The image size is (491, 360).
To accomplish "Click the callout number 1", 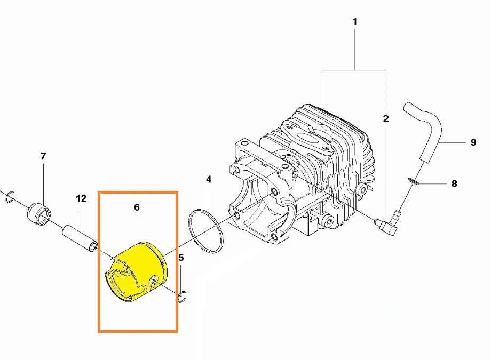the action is point(355,21).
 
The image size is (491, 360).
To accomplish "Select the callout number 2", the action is point(386,118).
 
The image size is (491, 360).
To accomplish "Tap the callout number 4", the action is point(209,179).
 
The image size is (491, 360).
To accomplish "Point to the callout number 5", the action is point(181,257).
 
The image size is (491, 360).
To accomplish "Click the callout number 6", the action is point(137,207).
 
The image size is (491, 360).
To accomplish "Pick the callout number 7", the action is point(43,156).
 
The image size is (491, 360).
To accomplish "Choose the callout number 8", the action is point(454,184).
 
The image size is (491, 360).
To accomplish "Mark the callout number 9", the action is point(473,142).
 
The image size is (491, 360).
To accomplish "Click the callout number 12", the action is point(81,198).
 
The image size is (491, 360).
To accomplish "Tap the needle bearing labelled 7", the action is point(39,214).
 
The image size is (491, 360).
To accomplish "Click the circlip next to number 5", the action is point(182,297).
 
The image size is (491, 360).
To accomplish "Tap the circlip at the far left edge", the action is point(10,197).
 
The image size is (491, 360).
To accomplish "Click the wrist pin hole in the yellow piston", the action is point(154,280).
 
